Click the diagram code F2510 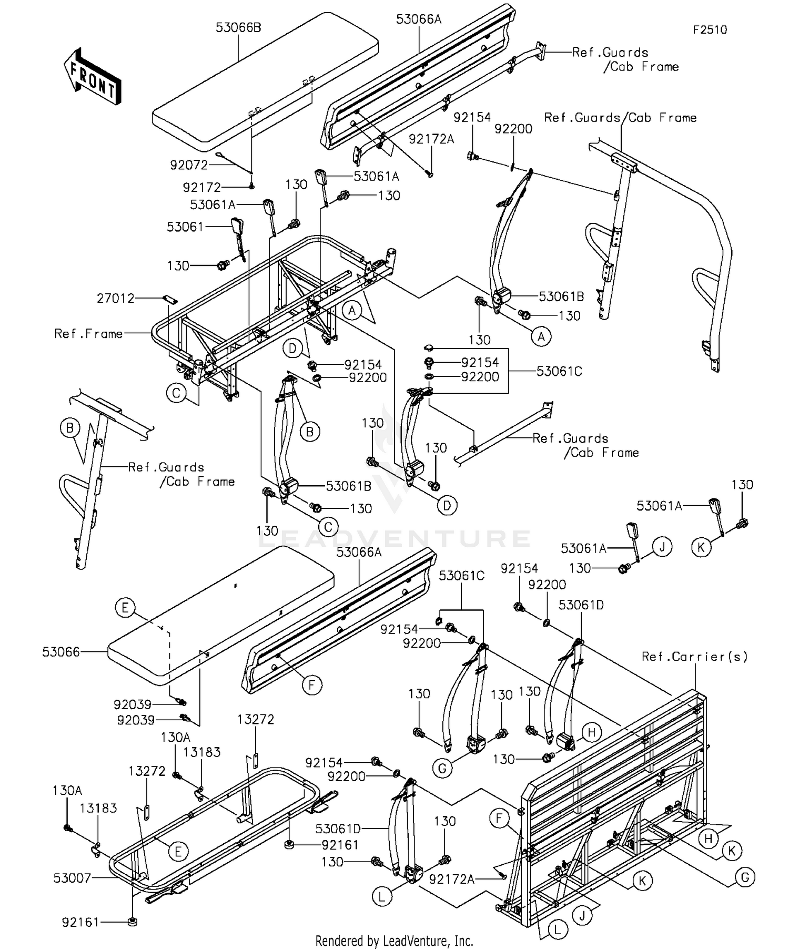coord(710,30)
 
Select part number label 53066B coord(238,27)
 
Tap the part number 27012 coord(116,299)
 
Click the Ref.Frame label coord(88,334)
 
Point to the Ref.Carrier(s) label coord(694,657)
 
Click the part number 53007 coord(72,878)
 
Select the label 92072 coord(189,165)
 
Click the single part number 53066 coord(61,652)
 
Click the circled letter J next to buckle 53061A coord(662,547)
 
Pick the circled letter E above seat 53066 coord(125,608)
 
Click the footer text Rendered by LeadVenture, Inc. coord(394,940)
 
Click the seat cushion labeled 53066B coord(263,79)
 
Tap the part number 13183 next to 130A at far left coord(98,808)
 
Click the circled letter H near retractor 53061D coord(591,732)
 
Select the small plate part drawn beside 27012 coord(169,299)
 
